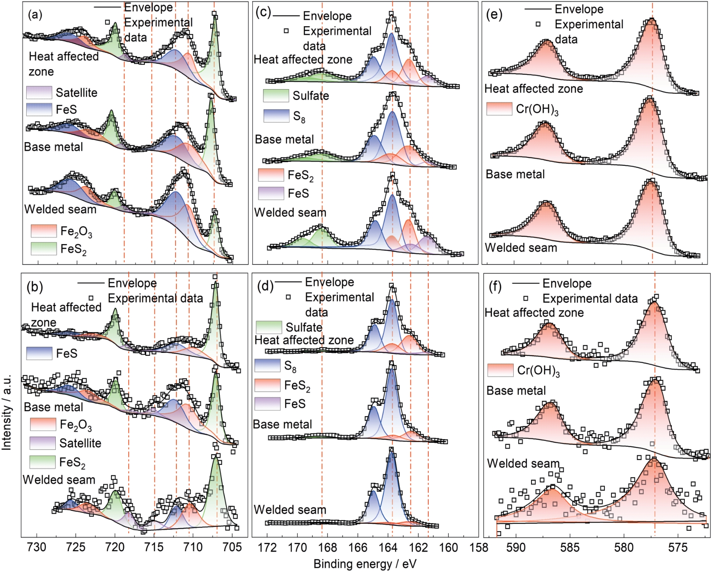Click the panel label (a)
click(35, 15)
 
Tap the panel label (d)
click(266, 286)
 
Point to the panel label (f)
click(494, 287)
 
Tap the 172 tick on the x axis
click(267, 547)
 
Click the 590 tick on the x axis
click(516, 547)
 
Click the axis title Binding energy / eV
click(365, 564)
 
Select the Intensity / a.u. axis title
click(7, 412)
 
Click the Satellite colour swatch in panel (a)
click(39, 92)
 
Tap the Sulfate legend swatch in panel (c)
click(276, 95)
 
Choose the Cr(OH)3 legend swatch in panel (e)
click(499, 109)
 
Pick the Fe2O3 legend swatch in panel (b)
click(42, 424)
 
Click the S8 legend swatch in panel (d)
click(267, 365)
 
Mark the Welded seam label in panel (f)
click(523, 463)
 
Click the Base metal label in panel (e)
click(515, 174)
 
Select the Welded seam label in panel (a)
click(60, 209)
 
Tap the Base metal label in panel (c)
click(284, 139)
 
